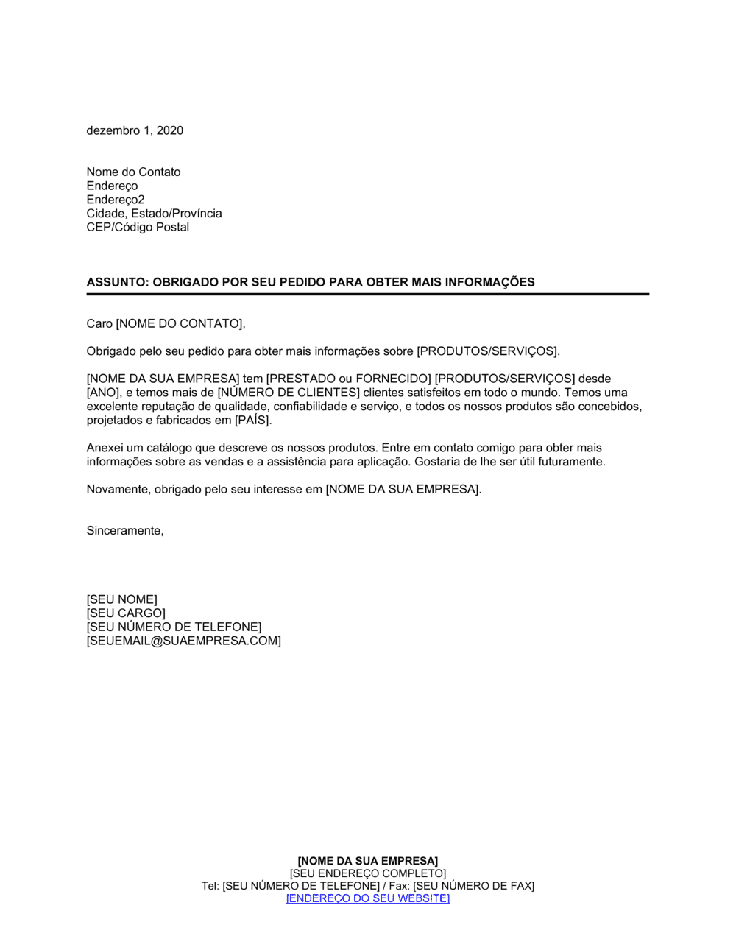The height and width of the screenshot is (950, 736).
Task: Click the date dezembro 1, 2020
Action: click(135, 130)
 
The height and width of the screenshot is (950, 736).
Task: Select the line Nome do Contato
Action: click(133, 172)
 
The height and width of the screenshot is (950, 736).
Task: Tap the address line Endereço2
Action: click(116, 200)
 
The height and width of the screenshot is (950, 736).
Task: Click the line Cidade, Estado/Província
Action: click(154, 213)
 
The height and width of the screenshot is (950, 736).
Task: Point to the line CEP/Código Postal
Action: click(138, 227)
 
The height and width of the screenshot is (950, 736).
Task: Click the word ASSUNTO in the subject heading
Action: click(116, 282)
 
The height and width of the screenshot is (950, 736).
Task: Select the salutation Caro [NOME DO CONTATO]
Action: click(166, 323)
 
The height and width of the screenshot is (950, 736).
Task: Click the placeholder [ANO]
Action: click(103, 393)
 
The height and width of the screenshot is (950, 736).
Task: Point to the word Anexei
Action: click(105, 448)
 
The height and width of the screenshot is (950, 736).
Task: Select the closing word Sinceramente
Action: click(124, 530)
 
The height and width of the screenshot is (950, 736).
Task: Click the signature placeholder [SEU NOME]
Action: click(121, 599)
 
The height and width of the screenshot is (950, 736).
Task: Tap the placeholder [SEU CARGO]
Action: click(126, 613)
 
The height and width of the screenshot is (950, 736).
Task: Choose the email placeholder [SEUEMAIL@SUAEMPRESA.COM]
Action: click(183, 641)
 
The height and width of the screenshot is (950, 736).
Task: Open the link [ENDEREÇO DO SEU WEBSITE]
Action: click(367, 898)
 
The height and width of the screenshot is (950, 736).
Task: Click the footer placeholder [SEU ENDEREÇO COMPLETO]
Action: click(367, 873)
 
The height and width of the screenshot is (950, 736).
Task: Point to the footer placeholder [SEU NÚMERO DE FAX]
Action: click(473, 886)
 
